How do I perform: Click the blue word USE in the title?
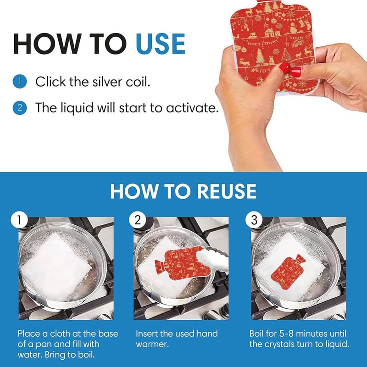tap(161, 44)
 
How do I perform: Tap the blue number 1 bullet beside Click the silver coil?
tap(20, 82)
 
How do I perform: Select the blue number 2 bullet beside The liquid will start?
tap(20, 108)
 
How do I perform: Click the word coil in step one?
tap(138, 82)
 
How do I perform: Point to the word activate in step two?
tap(192, 108)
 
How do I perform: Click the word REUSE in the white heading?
tap(227, 191)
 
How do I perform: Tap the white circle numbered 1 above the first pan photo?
tap(19, 220)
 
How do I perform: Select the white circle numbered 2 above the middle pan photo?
tap(138, 220)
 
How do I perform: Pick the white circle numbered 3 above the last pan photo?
tap(254, 220)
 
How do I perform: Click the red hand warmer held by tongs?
tap(183, 262)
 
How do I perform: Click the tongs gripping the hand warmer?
tap(212, 258)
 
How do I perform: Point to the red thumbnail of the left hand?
tap(285, 67)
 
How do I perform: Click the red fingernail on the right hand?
tap(295, 72)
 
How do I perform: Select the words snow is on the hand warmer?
tap(300, 38)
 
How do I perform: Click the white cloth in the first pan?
tap(56, 267)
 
